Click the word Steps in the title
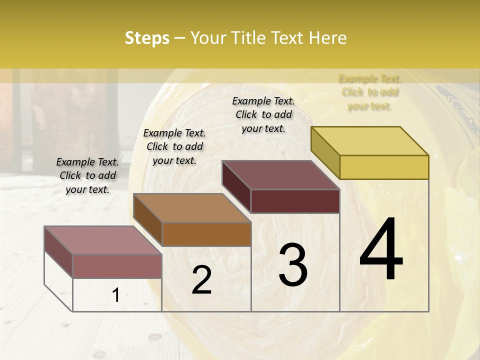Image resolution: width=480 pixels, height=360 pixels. (147, 38)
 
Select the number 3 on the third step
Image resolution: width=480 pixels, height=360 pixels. (293, 264)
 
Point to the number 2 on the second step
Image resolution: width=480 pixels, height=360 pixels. (201, 280)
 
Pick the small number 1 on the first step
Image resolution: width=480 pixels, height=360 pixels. (116, 295)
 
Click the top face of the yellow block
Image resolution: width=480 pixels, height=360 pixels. (370, 141)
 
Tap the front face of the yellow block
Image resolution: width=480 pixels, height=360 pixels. (384, 167)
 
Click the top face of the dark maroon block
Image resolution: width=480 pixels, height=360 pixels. (281, 175)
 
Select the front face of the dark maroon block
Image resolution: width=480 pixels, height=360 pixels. (295, 201)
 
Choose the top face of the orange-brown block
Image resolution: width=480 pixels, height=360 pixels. (192, 208)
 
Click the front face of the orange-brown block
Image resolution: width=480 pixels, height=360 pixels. (206, 234)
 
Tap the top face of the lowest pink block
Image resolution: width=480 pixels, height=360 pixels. (103, 240)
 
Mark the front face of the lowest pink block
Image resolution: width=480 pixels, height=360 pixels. (117, 266)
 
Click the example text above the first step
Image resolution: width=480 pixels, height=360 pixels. (87, 175)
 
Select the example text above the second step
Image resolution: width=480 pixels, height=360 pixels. (174, 146)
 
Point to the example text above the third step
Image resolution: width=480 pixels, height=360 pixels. (263, 114)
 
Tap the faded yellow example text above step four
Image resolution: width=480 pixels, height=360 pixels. (370, 92)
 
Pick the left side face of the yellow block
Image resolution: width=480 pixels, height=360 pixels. (325, 152)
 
